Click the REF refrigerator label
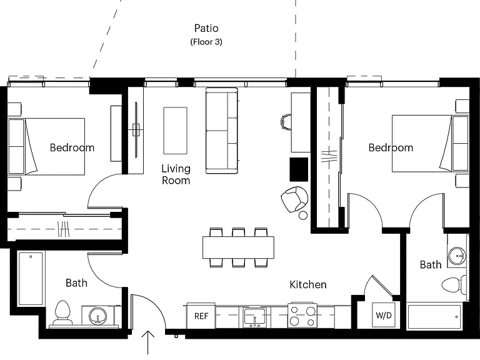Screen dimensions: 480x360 coord(201,316)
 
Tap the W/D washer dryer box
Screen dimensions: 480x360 coord(384,315)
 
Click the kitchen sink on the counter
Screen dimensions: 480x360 coord(255,317)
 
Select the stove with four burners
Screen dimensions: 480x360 coord(302,315)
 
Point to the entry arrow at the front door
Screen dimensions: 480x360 coord(148,342)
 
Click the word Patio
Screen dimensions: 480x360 coord(206,28)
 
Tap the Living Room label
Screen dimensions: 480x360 coord(176,174)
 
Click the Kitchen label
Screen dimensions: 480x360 coord(308,284)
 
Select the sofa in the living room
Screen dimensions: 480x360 coord(222,131)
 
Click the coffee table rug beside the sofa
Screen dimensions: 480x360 coord(175,131)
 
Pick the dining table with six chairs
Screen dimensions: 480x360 coord(238,247)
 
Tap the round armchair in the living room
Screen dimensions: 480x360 coord(294,199)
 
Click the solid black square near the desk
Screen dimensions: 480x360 coord(299,169)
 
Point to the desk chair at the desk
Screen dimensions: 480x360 coord(286,122)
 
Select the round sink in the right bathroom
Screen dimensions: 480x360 coord(457,255)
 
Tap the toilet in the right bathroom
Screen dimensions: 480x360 coord(454,285)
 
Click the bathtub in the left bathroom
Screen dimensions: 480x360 coord(31,279)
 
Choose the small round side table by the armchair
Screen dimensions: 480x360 coord(302,215)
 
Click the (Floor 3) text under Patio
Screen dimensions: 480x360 coord(206,42)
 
